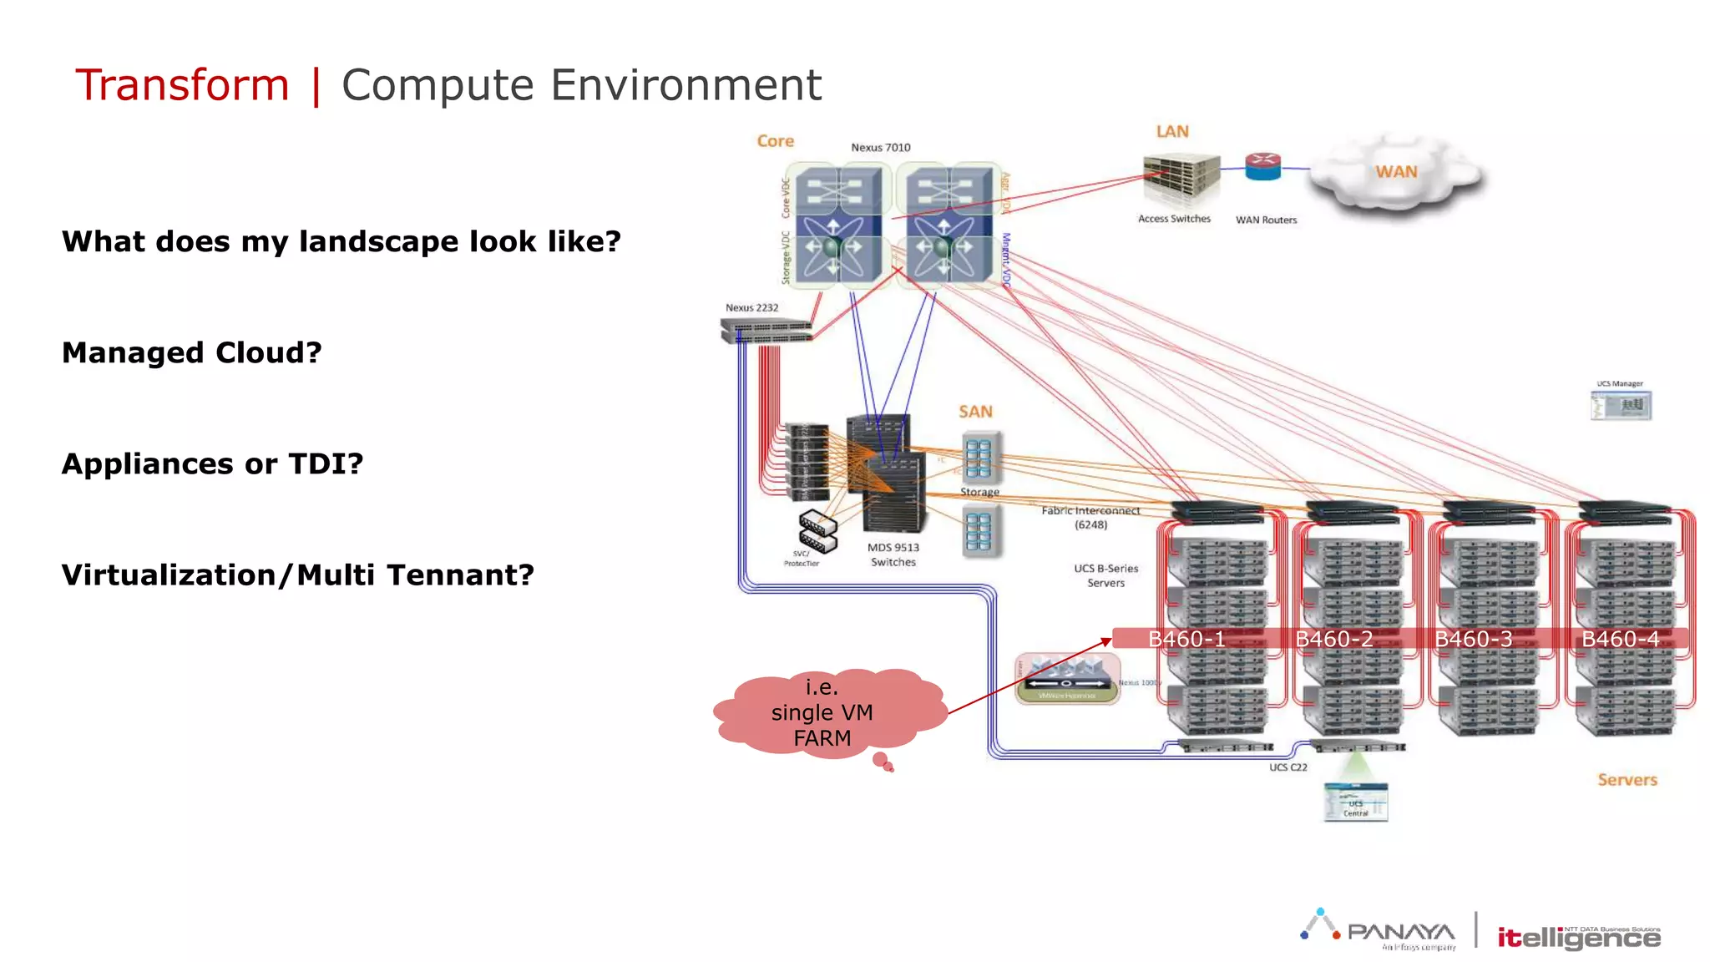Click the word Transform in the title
tap(182, 85)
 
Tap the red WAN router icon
tap(1262, 166)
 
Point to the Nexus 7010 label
tap(880, 148)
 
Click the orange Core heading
tap(775, 141)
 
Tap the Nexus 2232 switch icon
tap(766, 331)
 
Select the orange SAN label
tap(975, 412)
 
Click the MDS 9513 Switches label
tap(893, 554)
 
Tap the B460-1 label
tap(1186, 639)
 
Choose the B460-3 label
tap(1473, 639)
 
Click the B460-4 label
tap(1620, 639)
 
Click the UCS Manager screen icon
tap(1621, 406)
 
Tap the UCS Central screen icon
tap(1355, 802)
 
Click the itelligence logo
tap(1578, 937)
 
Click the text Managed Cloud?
tap(191, 353)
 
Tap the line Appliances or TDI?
tap(212, 464)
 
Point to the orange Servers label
tap(1627, 780)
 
